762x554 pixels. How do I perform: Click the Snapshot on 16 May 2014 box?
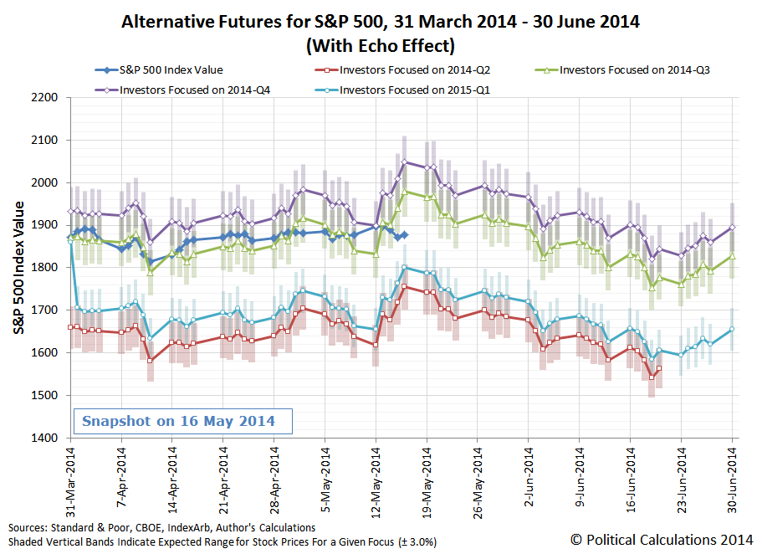pos(178,421)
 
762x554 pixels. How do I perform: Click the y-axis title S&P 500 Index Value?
pos(18,268)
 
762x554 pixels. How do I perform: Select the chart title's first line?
pos(381,22)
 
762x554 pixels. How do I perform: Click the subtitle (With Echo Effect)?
pos(381,44)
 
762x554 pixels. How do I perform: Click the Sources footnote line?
pos(162,528)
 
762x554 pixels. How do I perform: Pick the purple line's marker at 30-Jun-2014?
pos(733,227)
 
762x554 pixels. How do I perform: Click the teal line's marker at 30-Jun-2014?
pos(733,329)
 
